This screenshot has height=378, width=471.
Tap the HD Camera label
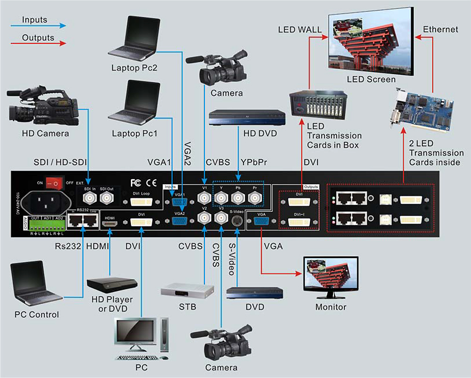[x=45, y=133]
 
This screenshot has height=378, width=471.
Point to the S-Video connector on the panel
[x=237, y=221]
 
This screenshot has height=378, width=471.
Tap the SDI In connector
[x=89, y=200]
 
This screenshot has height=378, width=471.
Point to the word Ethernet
[x=440, y=29]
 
